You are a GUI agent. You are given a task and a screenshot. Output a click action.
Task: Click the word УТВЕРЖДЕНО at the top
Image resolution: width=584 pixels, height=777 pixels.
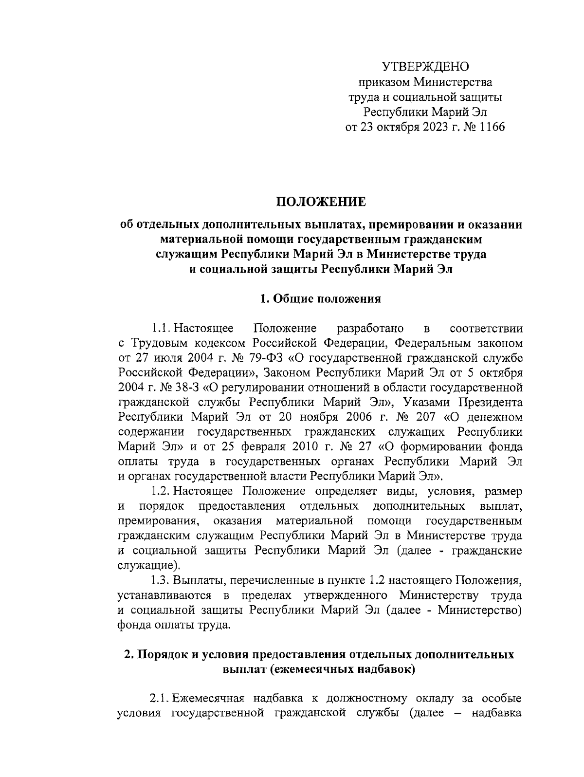[425, 67]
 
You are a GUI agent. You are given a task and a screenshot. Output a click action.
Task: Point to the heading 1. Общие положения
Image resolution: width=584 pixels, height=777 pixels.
[321, 299]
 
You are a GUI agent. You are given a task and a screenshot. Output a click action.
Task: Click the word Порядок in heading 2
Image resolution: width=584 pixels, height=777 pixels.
[163, 655]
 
